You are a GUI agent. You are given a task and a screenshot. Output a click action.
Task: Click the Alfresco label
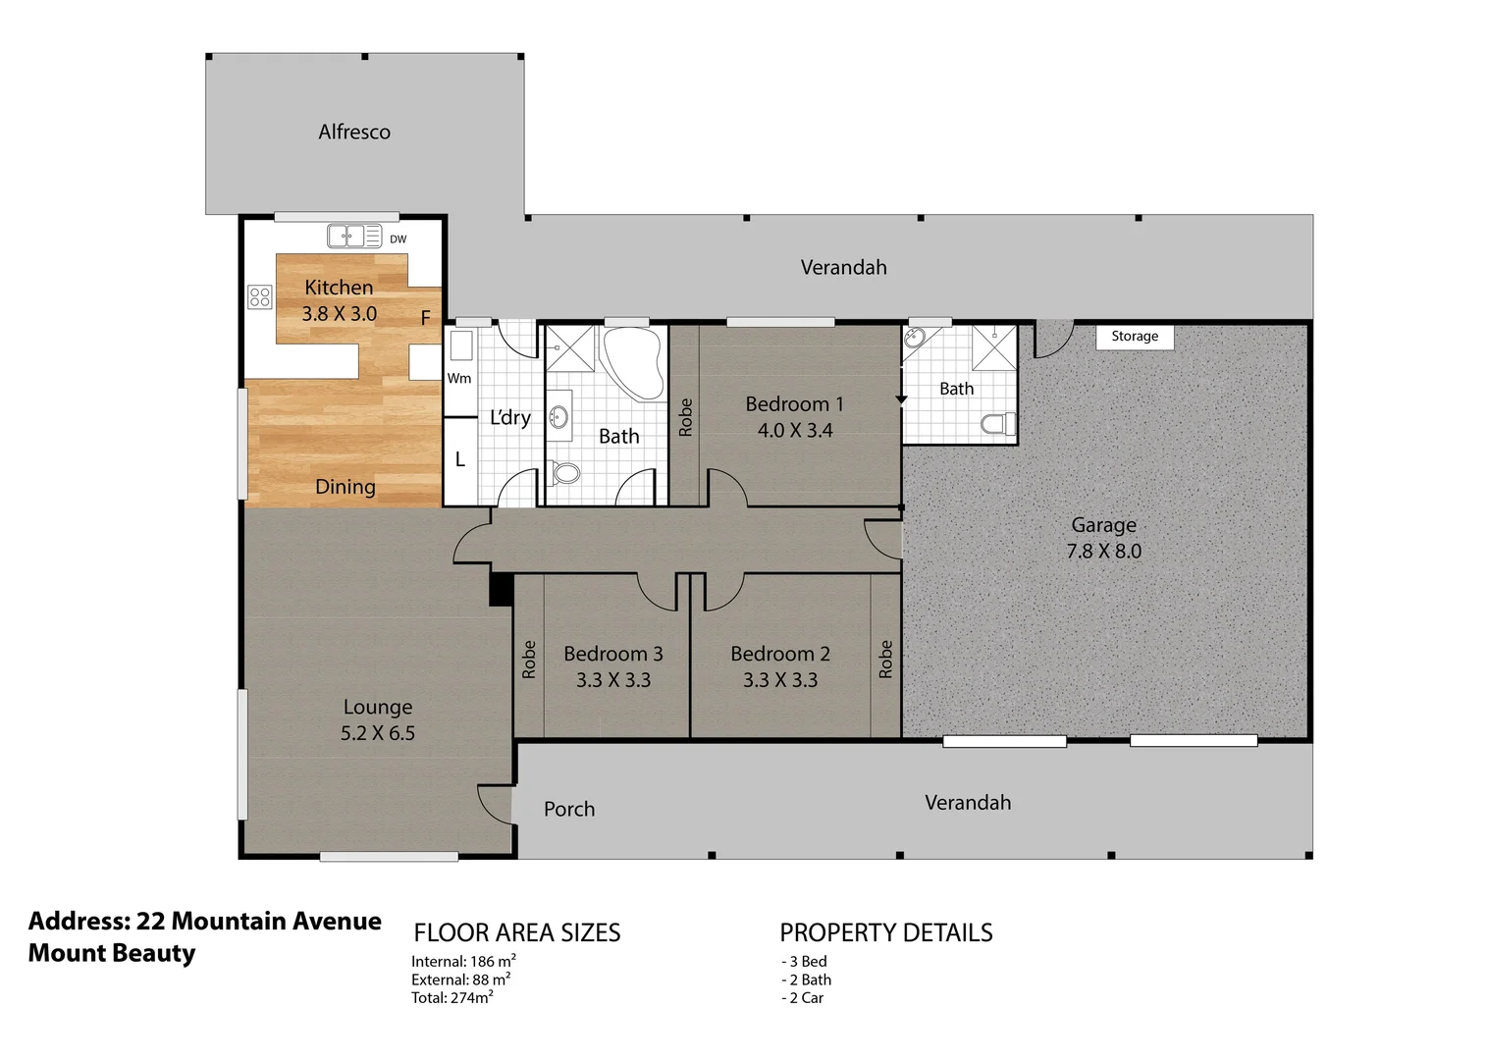point(354,132)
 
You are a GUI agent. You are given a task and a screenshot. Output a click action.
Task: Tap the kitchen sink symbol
point(346,237)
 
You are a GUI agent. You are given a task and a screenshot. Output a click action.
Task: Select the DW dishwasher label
point(398,239)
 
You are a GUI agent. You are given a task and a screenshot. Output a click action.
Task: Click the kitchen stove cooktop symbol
point(260,296)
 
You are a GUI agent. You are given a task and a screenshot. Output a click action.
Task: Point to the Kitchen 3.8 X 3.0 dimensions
point(339,314)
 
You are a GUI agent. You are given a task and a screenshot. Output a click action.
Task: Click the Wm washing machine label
point(459,378)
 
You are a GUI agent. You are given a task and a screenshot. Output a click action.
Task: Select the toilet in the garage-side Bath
point(998,424)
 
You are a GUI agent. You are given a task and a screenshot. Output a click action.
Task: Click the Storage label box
point(1135,336)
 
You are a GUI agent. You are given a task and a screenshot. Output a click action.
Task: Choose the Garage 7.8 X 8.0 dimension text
point(1104,552)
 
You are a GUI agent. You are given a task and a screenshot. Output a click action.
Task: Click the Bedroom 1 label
point(794,404)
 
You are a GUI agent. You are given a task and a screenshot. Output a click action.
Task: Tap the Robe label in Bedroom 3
point(529,660)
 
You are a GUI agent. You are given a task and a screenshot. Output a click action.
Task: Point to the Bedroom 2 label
point(780,654)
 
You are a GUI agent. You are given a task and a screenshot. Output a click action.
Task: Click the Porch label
point(569,809)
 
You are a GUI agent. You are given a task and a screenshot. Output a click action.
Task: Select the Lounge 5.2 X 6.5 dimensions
point(378,733)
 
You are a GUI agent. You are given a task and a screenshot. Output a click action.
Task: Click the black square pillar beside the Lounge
point(501,589)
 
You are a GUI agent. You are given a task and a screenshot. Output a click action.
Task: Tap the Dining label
point(345,487)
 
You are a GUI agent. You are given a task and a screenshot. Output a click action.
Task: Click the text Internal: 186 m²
point(463,962)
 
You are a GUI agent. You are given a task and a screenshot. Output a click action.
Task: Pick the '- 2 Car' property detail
point(803,998)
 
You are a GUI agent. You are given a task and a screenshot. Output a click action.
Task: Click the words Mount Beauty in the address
point(112,953)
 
